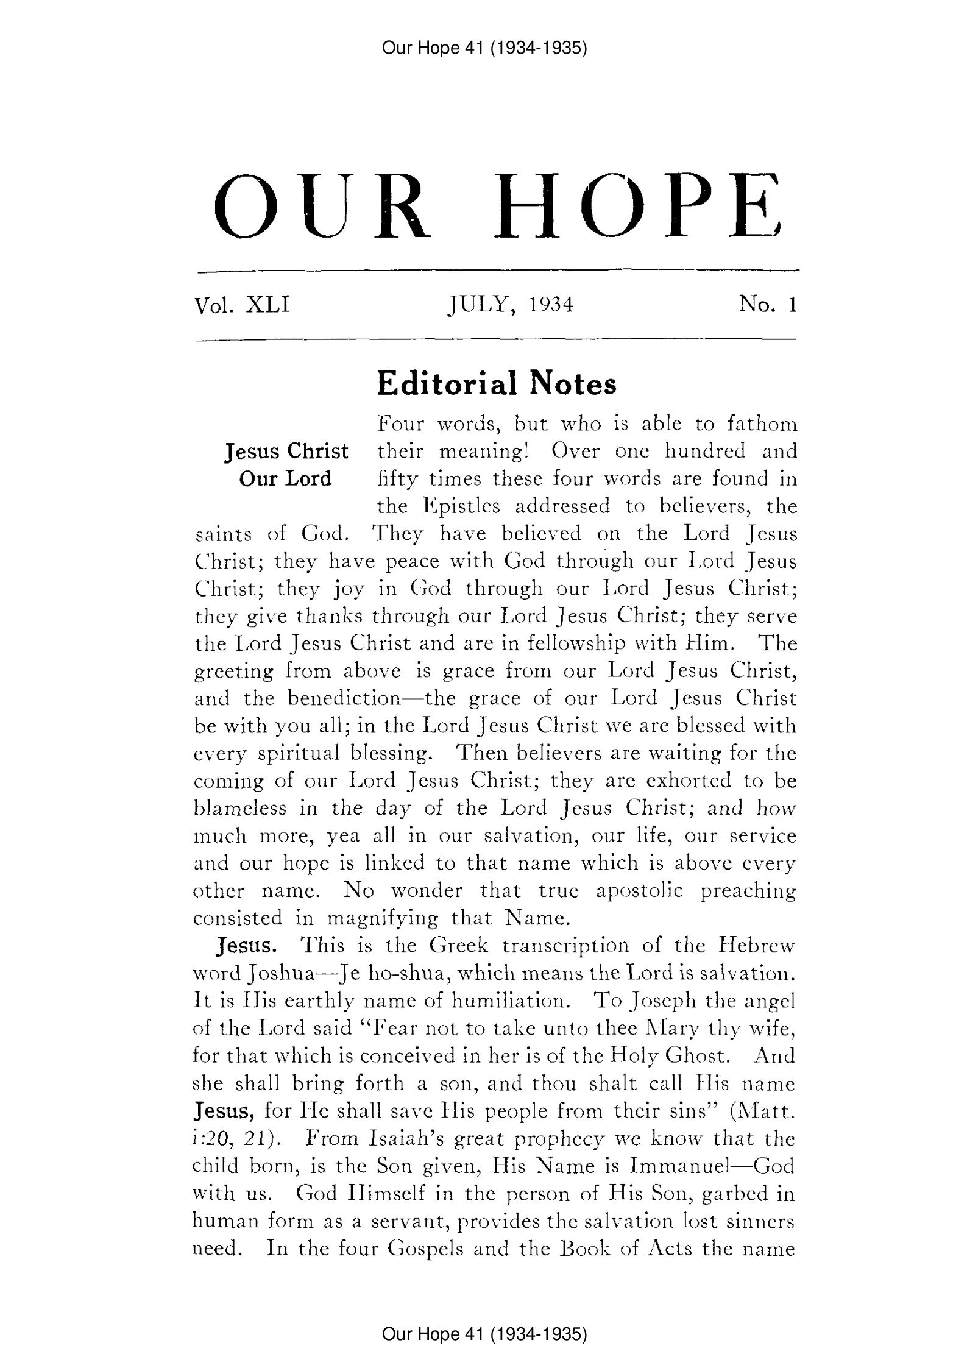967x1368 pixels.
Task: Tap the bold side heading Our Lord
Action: [x=286, y=478]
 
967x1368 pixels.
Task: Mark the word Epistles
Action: [x=456, y=506]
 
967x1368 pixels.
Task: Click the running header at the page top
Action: [x=484, y=48]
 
